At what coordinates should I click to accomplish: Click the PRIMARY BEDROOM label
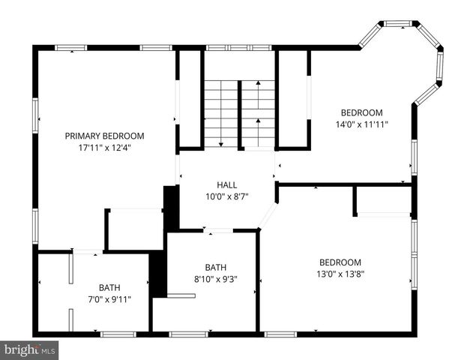pyautogui.click(x=104, y=136)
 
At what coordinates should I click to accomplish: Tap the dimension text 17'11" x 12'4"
pyautogui.click(x=105, y=148)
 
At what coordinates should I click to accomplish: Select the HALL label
pyautogui.click(x=227, y=184)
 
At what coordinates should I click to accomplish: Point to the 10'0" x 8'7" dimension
pyautogui.click(x=227, y=196)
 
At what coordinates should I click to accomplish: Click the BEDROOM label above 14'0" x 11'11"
pyautogui.click(x=361, y=112)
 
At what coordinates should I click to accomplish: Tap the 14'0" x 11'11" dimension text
pyautogui.click(x=362, y=124)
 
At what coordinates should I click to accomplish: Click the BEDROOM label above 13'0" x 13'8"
pyautogui.click(x=340, y=262)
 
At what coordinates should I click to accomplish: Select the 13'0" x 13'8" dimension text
pyautogui.click(x=340, y=274)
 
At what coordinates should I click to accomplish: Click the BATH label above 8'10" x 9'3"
pyautogui.click(x=216, y=267)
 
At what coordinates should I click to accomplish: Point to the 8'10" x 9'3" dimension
pyautogui.click(x=216, y=279)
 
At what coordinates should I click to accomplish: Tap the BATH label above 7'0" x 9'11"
pyautogui.click(x=109, y=288)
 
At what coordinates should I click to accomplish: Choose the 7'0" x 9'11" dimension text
pyautogui.click(x=109, y=300)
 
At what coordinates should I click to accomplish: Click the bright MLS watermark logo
pyautogui.click(x=29, y=350)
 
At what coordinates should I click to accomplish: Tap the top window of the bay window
pyautogui.click(x=398, y=23)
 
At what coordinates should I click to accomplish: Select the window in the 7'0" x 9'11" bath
pyautogui.click(x=118, y=334)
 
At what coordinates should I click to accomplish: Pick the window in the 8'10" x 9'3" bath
pyautogui.click(x=188, y=334)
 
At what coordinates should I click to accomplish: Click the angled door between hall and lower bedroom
pyautogui.click(x=268, y=216)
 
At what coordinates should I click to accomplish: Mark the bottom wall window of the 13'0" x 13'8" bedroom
pyautogui.click(x=280, y=334)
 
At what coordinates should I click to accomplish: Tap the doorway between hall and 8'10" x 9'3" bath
pyautogui.click(x=218, y=230)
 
